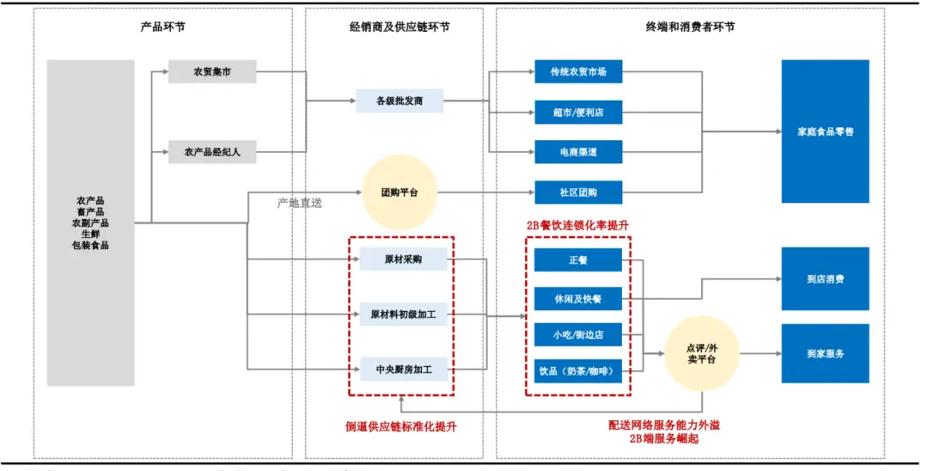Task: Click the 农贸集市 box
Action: coord(212,72)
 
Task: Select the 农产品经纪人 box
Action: coord(212,152)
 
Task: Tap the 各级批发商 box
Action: coord(400,101)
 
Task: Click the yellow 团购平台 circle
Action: coord(400,192)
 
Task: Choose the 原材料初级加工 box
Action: coord(403,315)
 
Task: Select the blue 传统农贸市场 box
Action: coord(578,72)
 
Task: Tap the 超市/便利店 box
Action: coord(578,113)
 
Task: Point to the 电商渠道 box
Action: coord(578,152)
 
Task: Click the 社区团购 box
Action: coord(578,192)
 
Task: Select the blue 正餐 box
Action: coord(578,260)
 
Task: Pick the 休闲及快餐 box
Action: coord(578,299)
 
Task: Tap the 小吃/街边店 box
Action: coord(578,335)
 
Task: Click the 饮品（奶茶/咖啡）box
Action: coord(578,372)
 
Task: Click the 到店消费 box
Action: coord(825,279)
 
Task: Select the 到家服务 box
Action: coord(825,353)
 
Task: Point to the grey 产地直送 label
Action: coord(300,204)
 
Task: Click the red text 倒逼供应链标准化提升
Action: coord(400,425)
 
